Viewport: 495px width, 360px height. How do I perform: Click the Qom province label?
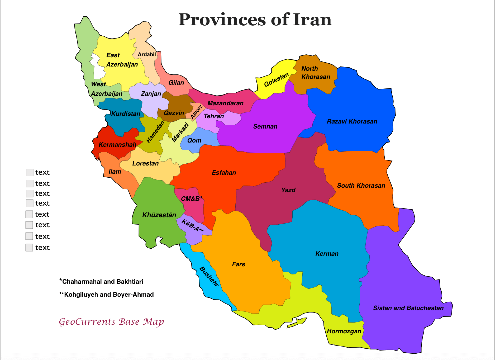pos(194,140)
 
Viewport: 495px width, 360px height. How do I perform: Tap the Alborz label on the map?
pos(197,112)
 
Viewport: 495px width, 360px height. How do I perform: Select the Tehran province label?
pos(214,116)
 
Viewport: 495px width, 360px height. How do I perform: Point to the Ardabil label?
pos(147,55)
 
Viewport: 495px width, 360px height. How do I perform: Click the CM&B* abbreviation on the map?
pos(192,199)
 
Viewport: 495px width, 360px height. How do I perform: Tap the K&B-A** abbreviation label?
pos(193,226)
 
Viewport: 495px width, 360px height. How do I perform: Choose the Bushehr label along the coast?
pos(209,276)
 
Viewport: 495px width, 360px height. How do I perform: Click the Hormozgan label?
pos(344,331)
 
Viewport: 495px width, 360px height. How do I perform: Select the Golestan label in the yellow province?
pos(276,80)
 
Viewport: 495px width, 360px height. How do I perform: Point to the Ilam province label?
pos(115,172)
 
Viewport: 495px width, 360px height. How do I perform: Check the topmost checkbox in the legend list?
pos(30,172)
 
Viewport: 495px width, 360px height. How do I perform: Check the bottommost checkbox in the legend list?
pos(29,248)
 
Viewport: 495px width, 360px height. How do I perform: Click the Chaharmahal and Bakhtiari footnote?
pos(102,281)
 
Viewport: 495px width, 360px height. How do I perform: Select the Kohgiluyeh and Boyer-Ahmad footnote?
pos(107,295)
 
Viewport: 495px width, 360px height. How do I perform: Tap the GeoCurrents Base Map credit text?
pos(111,322)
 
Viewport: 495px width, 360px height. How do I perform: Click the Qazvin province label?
pos(174,113)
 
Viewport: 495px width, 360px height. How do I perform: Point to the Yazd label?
pos(288,190)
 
